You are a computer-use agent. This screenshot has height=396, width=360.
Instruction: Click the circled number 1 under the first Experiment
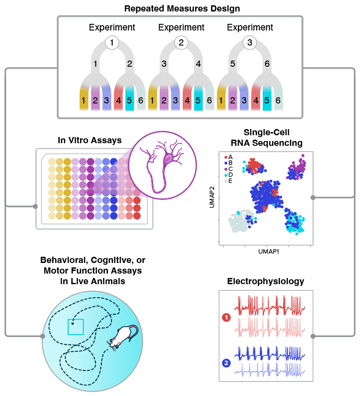pos(112,42)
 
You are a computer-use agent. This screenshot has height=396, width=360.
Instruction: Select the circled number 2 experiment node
pos(181,42)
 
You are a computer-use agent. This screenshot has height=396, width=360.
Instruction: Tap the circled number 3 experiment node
pos(250,42)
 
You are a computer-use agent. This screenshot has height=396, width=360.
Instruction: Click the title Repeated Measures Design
pos(182,8)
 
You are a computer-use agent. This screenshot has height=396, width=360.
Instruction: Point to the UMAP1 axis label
pos(268,251)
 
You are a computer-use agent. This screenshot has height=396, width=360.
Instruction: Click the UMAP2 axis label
pos(212,197)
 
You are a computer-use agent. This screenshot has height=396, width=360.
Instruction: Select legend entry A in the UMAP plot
pos(229,157)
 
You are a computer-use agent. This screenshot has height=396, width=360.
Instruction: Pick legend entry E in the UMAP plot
pos(228,181)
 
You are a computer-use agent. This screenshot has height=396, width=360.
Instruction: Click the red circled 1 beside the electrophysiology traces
pos(226,317)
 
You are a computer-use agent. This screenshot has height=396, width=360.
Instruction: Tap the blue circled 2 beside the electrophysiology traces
pos(226,363)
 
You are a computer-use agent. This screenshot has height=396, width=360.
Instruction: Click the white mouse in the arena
pos(123,336)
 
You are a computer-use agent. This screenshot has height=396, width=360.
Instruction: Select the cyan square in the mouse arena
pos(76,327)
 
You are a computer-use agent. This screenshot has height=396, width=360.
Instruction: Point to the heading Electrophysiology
pos(266,282)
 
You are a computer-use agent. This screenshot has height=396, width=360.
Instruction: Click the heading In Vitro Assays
pos(90,140)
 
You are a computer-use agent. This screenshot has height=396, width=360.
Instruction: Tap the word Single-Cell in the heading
pos(266,132)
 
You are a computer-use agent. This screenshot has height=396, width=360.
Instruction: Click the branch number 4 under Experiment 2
pos(199,64)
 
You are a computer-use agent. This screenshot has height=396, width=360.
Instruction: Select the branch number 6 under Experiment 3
pos(267,64)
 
